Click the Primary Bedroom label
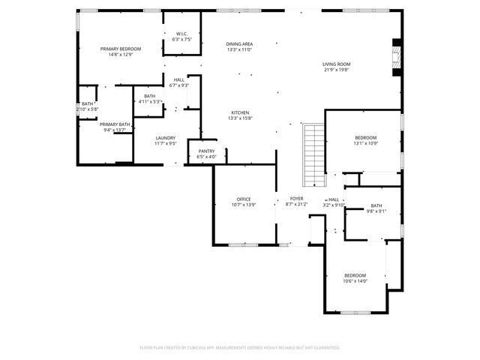click(x=121, y=48)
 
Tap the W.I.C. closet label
click(x=182, y=34)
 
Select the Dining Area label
click(x=239, y=44)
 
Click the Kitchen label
click(x=239, y=112)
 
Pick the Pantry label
click(x=206, y=151)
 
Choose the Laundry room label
click(x=165, y=137)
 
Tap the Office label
click(x=244, y=199)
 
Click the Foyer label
click(x=296, y=199)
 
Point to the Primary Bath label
click(x=115, y=124)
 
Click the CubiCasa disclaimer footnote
click(x=240, y=347)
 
